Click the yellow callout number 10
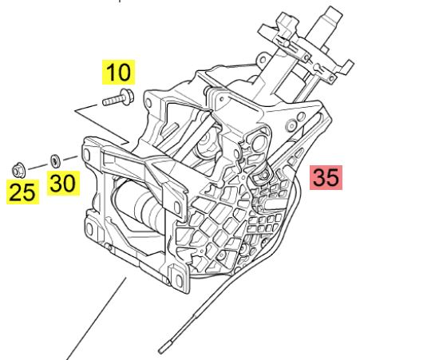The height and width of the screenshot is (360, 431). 118,72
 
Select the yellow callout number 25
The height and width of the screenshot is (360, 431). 22,192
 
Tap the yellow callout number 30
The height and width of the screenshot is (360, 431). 63,184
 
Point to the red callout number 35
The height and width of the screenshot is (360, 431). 326,177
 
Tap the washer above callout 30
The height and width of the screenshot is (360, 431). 56,161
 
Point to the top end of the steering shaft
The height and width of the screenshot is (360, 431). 334,12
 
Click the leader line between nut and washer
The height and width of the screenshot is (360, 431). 38,166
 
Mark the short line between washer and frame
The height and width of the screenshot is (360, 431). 71,158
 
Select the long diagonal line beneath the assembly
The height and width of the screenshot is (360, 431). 97,318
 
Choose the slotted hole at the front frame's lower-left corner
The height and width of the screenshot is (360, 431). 90,229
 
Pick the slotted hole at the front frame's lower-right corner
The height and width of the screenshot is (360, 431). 179,279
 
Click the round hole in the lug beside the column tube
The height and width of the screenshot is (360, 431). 263,60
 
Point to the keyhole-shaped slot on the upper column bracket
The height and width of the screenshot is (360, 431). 318,67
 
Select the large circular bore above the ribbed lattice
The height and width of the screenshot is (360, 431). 258,142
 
